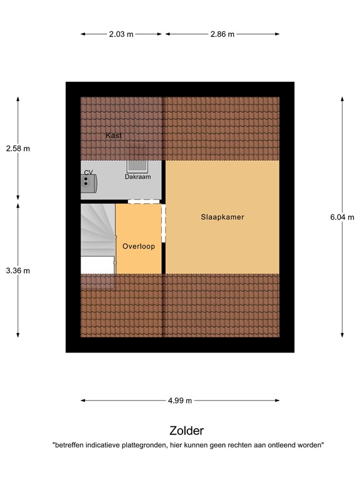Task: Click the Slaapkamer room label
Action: [x=222, y=217]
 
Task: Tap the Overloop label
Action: [x=138, y=246]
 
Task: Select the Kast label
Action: [x=114, y=135]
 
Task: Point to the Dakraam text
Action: [x=137, y=177]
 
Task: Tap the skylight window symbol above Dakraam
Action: [x=137, y=165]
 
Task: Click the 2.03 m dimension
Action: [x=121, y=34]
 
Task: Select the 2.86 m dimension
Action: [x=222, y=34]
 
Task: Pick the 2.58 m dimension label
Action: [x=17, y=149]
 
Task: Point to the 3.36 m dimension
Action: [x=17, y=271]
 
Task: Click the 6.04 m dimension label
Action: [x=342, y=217]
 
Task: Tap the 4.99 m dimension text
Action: [x=179, y=401]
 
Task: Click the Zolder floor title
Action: [x=186, y=431]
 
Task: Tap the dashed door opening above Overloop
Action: [x=144, y=201]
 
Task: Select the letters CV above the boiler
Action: [x=88, y=172]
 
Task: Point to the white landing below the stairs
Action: [x=97, y=264]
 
